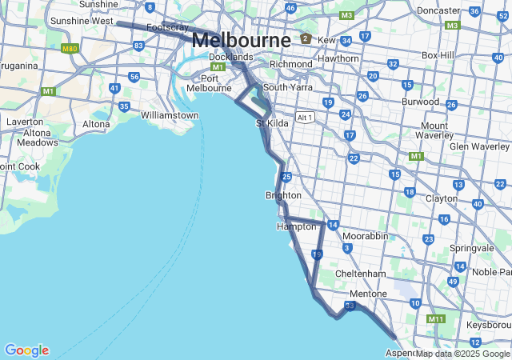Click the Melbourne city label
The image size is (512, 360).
[242, 40]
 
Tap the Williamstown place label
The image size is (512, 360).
[170, 115]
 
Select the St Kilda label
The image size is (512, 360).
[271, 123]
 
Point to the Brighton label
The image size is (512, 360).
[283, 195]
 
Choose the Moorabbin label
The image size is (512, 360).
[365, 237]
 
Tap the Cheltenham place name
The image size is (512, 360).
[362, 274]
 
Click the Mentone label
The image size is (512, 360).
[368, 294]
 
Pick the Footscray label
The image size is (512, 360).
[167, 27]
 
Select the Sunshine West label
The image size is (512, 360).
[82, 21]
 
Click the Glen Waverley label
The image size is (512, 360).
[479, 146]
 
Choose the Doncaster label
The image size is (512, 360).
[438, 11]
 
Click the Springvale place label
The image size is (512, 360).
[472, 248]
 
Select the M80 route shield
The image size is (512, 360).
[70, 48]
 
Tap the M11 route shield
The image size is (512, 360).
[435, 319]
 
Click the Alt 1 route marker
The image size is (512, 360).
[304, 118]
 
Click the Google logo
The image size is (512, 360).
[26, 350]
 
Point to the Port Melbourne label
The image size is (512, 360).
[209, 83]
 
